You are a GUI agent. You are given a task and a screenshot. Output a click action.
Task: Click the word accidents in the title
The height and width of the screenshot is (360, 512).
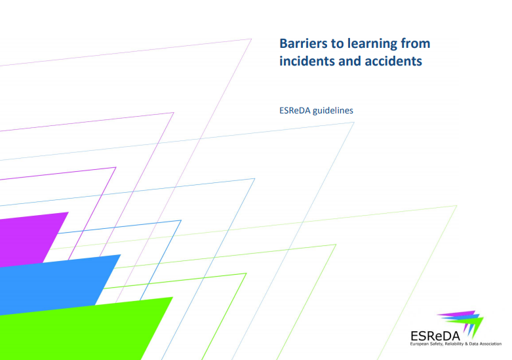click(390, 62)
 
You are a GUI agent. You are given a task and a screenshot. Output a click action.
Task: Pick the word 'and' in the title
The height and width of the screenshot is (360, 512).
click(347, 62)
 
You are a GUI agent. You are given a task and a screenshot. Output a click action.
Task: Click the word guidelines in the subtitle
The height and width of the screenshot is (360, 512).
click(333, 110)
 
